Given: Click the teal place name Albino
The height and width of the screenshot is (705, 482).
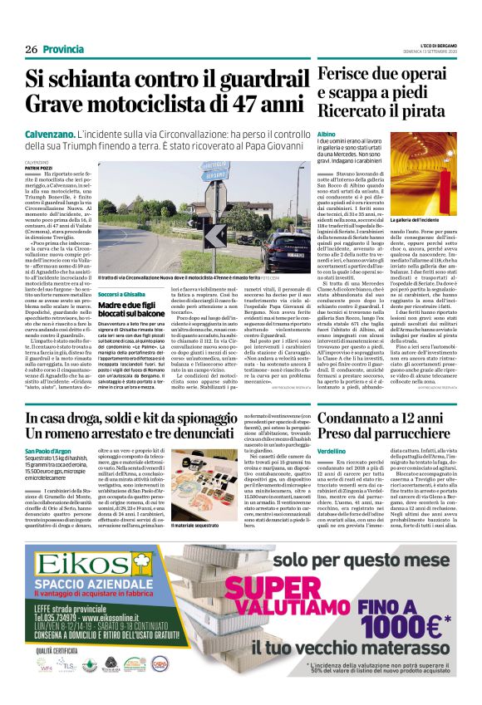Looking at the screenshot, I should point(327,134).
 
